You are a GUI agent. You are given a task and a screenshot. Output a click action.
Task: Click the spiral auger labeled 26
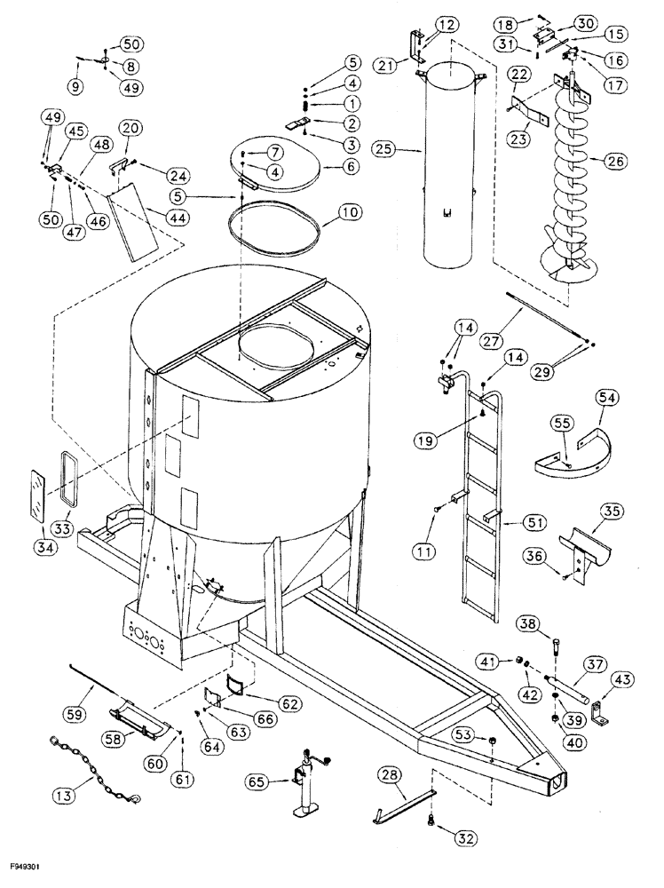[568, 204]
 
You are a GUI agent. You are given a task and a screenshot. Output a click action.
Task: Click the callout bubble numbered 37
[594, 663]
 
